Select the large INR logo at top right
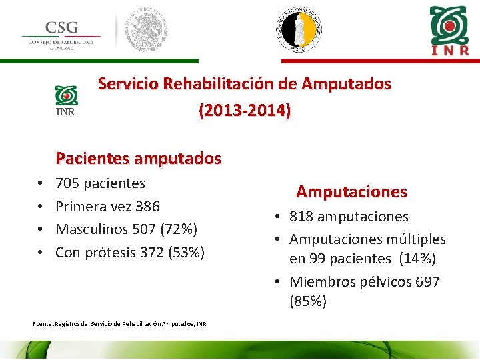coord(449,30)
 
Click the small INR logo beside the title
coord(66,101)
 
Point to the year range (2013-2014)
coord(245,110)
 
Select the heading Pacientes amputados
coord(138,158)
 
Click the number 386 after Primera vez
coord(147,206)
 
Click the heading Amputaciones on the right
coord(351,192)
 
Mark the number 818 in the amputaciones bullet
coord(302,217)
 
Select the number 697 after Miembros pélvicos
coord(427,282)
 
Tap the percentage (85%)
coord(309,301)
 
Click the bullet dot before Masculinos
coord(41,229)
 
